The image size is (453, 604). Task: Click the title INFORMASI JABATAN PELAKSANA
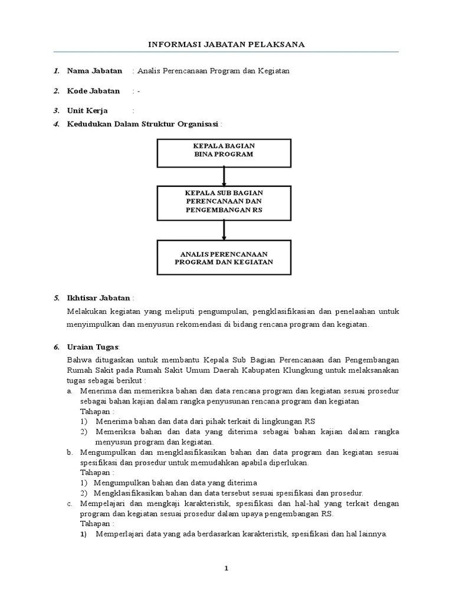pyautogui.click(x=225, y=44)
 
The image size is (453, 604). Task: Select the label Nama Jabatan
pyautogui.click(x=94, y=71)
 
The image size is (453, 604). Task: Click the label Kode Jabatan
pyautogui.click(x=93, y=91)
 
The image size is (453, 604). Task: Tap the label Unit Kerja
pyautogui.click(x=87, y=110)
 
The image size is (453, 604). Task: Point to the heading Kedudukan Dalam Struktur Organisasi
pyautogui.click(x=143, y=124)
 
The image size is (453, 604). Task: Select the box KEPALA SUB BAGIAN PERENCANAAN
pyautogui.click(x=224, y=202)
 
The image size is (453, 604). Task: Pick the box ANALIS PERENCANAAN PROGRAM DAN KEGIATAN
pyautogui.click(x=224, y=257)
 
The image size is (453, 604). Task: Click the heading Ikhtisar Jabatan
pyautogui.click(x=99, y=298)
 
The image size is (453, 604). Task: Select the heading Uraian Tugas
pyautogui.click(x=93, y=347)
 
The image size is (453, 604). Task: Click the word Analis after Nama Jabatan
pyautogui.click(x=149, y=71)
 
